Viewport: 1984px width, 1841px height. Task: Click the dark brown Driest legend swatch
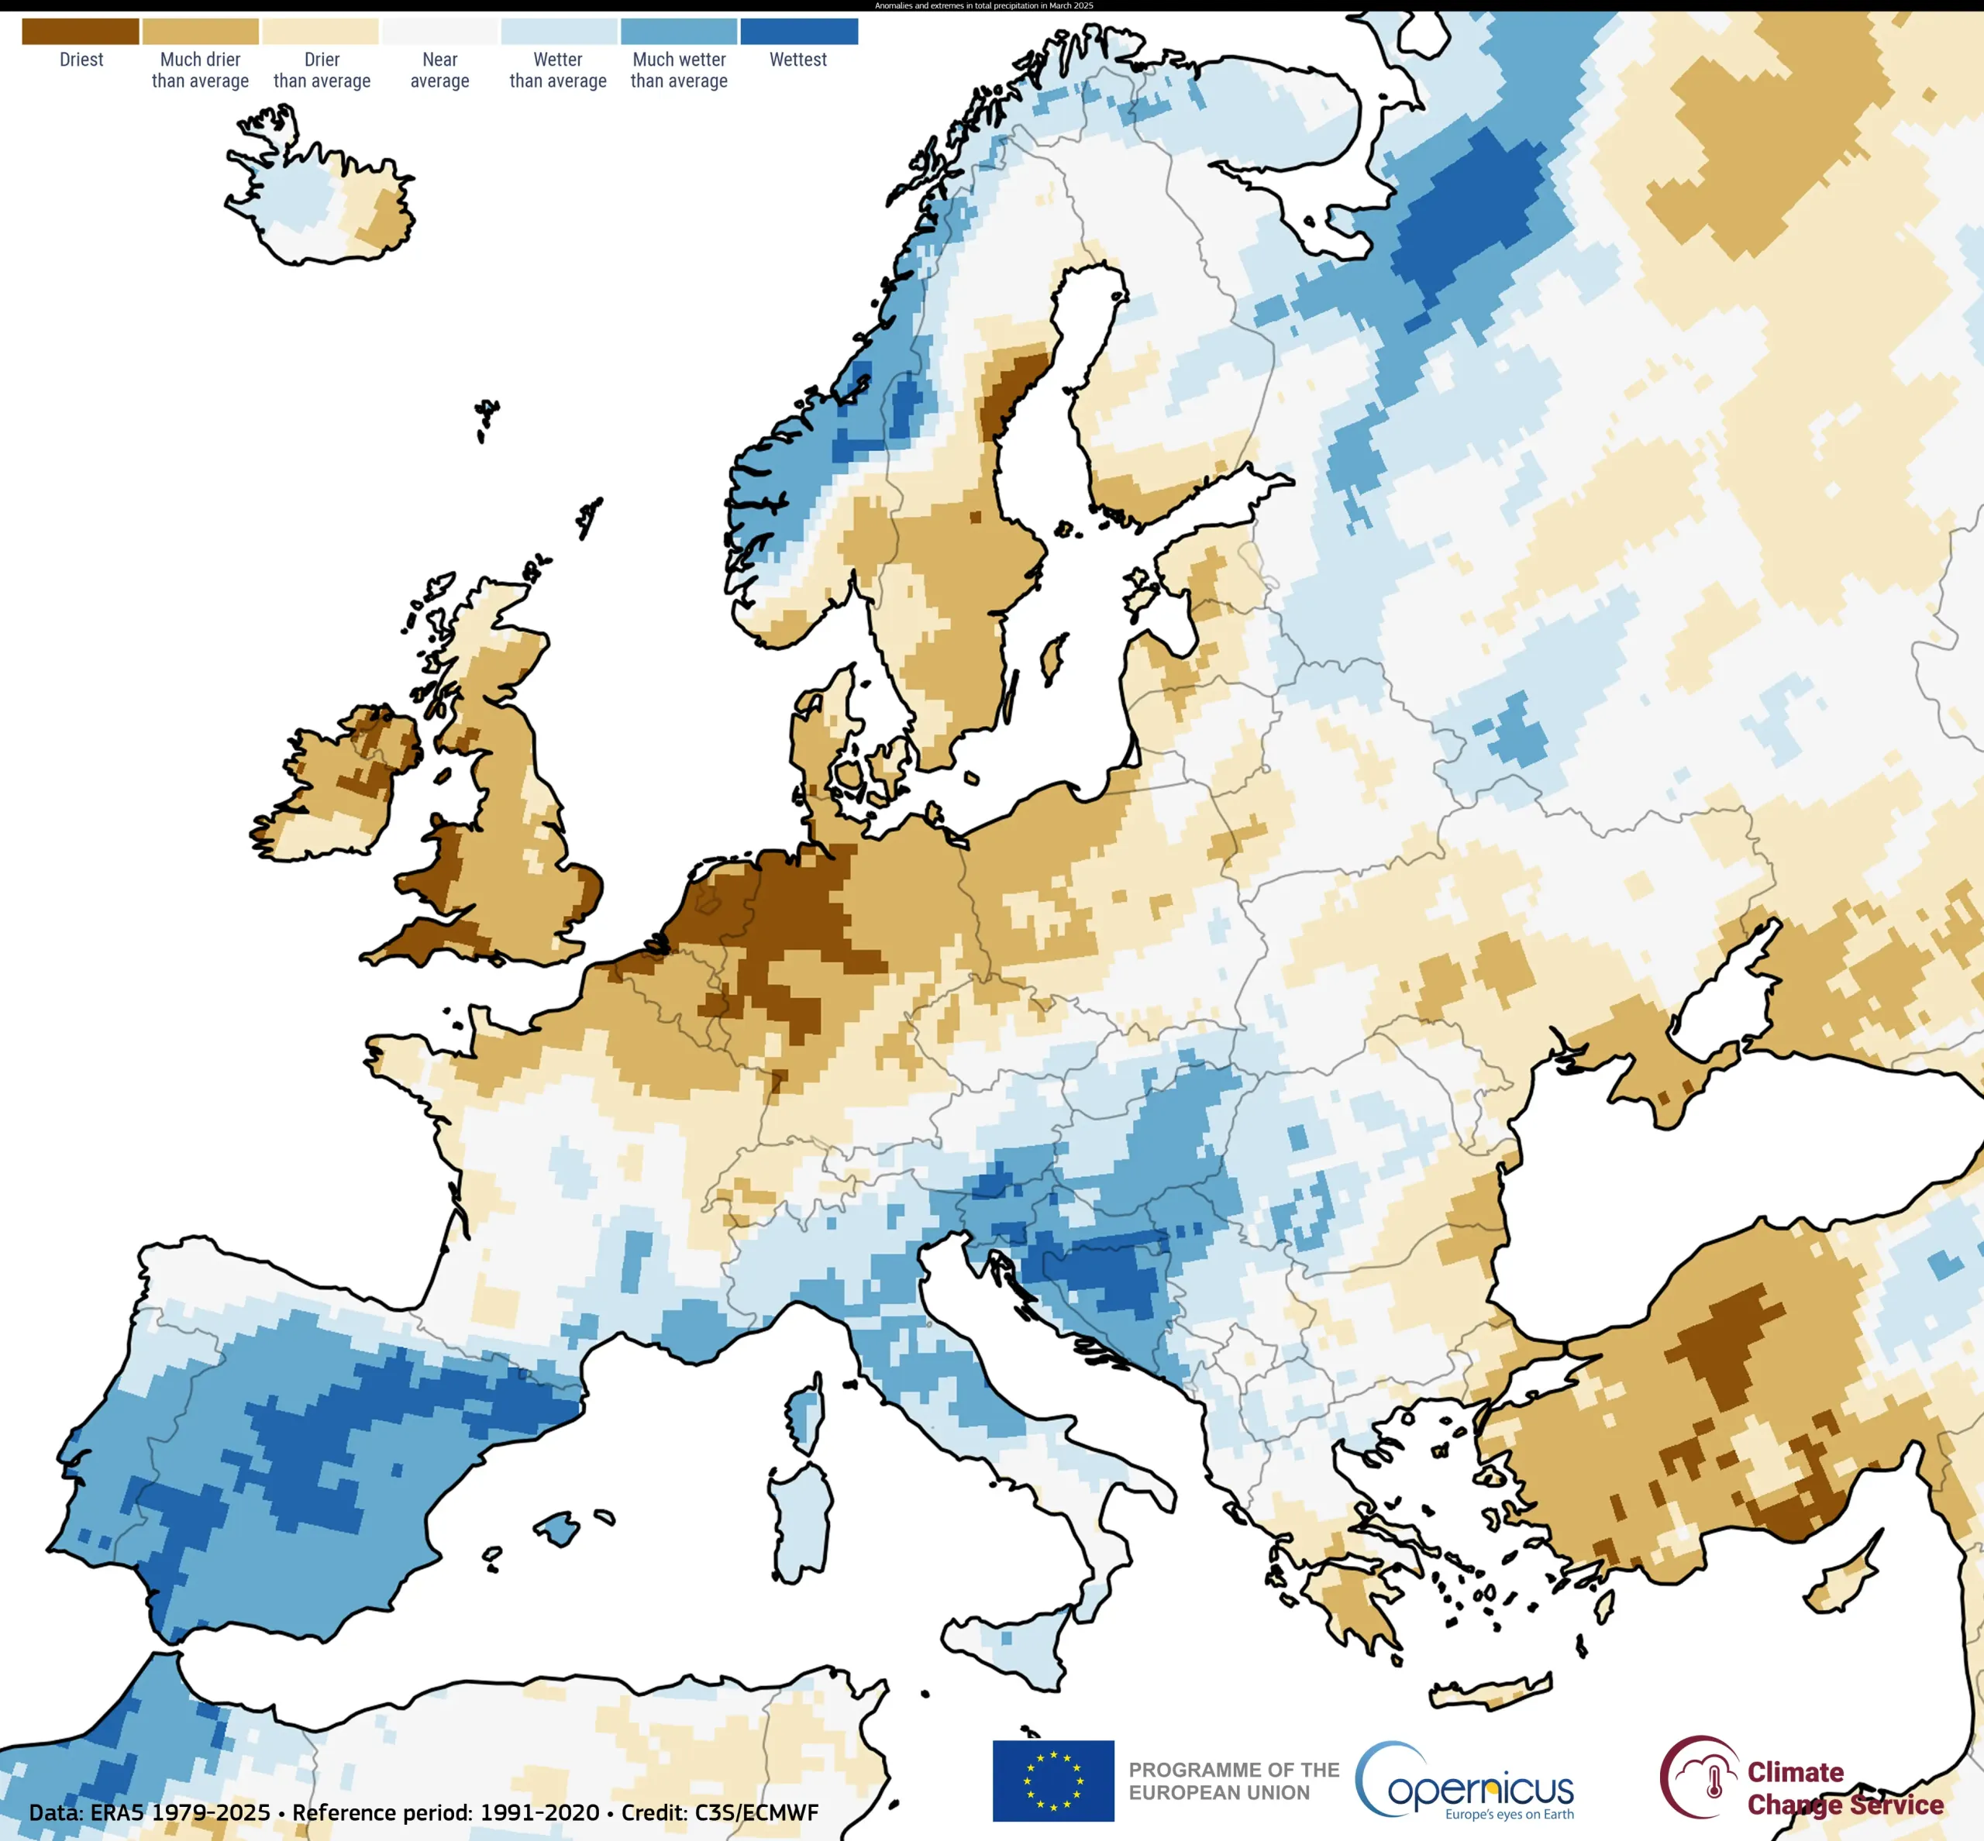(x=81, y=32)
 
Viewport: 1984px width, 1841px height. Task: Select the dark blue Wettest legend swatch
(x=798, y=32)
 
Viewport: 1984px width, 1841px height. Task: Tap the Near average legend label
(x=439, y=71)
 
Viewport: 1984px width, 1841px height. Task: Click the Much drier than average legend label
(x=200, y=71)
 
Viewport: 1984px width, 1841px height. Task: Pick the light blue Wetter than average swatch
(x=558, y=32)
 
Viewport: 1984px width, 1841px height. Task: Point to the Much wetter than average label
(x=679, y=71)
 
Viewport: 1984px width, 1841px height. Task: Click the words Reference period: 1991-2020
(x=446, y=1812)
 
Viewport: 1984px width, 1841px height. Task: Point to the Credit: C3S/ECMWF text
(x=719, y=1812)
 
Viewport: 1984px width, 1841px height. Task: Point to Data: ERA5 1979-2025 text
(x=150, y=1812)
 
